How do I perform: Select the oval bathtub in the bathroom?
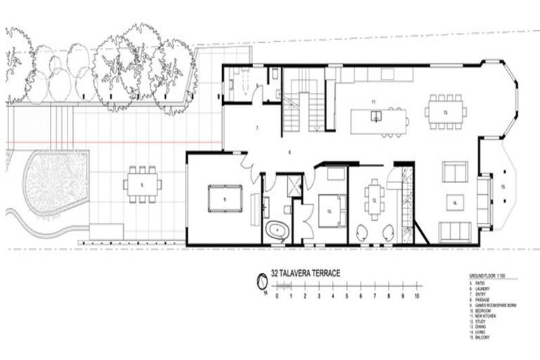click(277, 229)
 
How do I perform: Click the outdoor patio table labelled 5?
click(141, 185)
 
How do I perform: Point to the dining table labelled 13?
click(445, 112)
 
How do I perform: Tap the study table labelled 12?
click(374, 200)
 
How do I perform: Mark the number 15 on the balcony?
click(503, 187)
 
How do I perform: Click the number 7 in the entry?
click(258, 129)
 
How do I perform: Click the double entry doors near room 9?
click(248, 165)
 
